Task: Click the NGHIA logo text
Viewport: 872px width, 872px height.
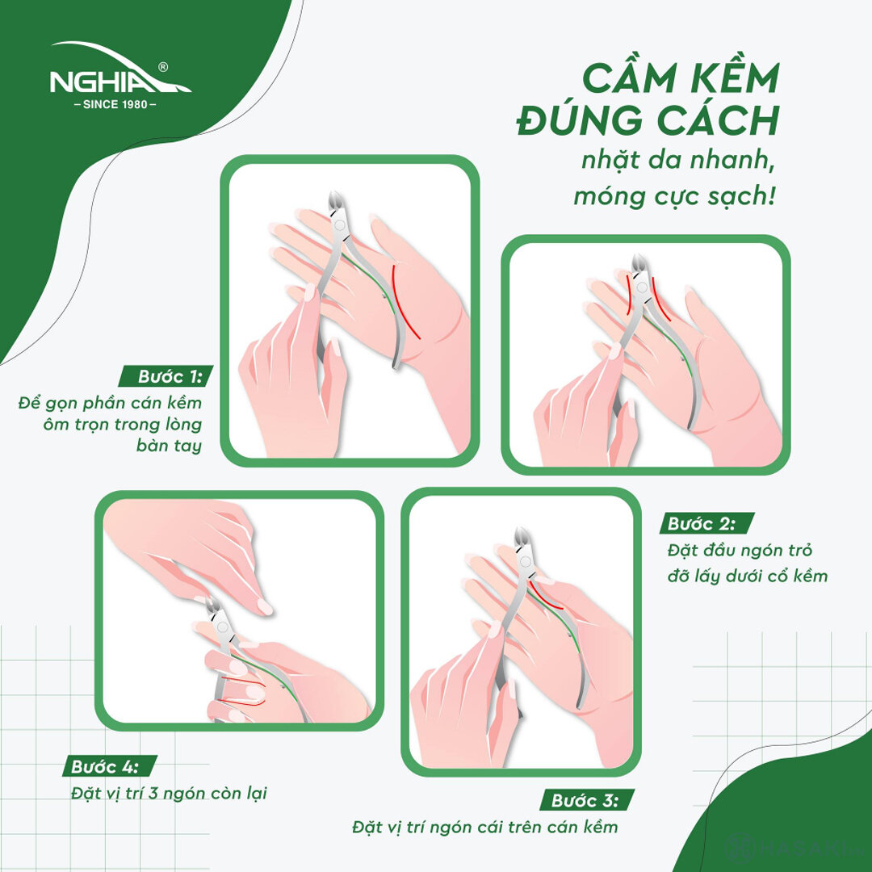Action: (109, 82)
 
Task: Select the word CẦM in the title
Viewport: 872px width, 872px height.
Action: (623, 79)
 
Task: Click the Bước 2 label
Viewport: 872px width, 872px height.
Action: (701, 523)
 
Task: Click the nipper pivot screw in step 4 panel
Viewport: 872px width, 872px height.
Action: (222, 627)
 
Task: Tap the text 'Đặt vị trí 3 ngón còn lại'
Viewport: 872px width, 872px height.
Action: (168, 793)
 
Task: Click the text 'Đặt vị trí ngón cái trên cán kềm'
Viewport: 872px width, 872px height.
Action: (484, 827)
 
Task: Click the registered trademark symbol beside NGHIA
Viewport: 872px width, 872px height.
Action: (164, 66)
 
